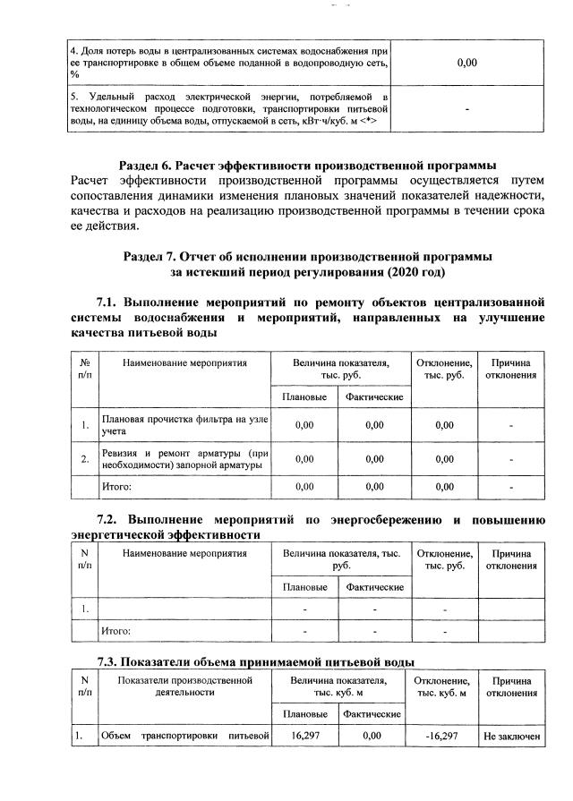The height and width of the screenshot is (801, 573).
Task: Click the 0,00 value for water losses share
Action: pos(466,63)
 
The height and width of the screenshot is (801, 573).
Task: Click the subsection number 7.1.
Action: pos(111,301)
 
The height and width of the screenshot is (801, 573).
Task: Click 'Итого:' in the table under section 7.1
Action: pos(117,487)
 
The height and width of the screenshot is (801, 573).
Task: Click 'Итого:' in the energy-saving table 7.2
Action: pos(117,631)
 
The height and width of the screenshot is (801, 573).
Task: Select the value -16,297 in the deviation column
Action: pos(444,736)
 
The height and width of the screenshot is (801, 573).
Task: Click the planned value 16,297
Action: pos(305,736)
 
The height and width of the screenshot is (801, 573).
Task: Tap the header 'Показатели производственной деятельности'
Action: pos(185,686)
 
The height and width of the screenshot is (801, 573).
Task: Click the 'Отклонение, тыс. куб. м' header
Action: pos(444,686)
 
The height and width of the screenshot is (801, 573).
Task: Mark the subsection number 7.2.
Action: pos(111,519)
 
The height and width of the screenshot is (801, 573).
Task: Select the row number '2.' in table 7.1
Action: pos(83,459)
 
